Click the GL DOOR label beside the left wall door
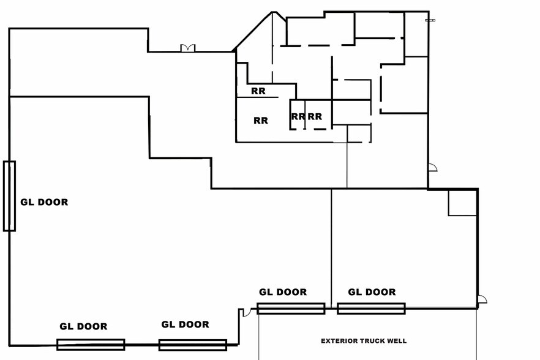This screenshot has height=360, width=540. (x=44, y=202)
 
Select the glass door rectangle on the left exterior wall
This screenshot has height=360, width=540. (x=9, y=196)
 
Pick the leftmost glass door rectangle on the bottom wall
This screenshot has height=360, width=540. (x=91, y=345)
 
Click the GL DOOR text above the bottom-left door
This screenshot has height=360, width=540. (x=83, y=326)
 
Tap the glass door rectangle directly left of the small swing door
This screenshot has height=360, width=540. (x=193, y=345)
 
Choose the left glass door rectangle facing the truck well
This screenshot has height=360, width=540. (x=291, y=309)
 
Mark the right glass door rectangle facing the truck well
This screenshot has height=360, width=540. (x=371, y=309)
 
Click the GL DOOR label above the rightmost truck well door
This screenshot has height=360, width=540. (x=372, y=292)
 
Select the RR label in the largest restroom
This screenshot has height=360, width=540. (x=261, y=121)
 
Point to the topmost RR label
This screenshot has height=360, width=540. (x=258, y=91)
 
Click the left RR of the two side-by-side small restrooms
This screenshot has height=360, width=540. (x=298, y=116)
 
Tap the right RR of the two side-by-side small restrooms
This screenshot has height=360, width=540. (x=315, y=116)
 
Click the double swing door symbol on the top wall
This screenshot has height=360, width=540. (x=188, y=48)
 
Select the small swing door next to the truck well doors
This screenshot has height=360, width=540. (x=246, y=312)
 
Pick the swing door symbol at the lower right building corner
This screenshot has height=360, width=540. (x=482, y=300)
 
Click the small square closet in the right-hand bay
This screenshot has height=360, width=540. (x=462, y=203)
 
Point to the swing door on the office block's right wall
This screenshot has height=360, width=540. (x=432, y=168)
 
